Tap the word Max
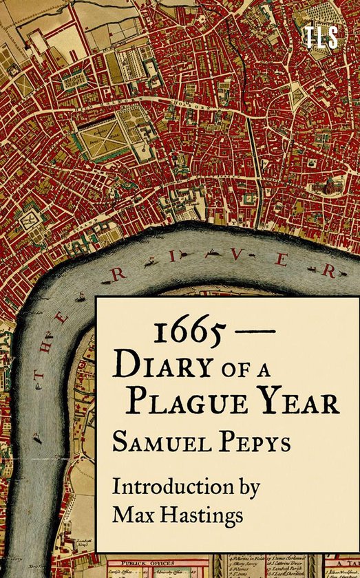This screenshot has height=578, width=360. tap(135, 514)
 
